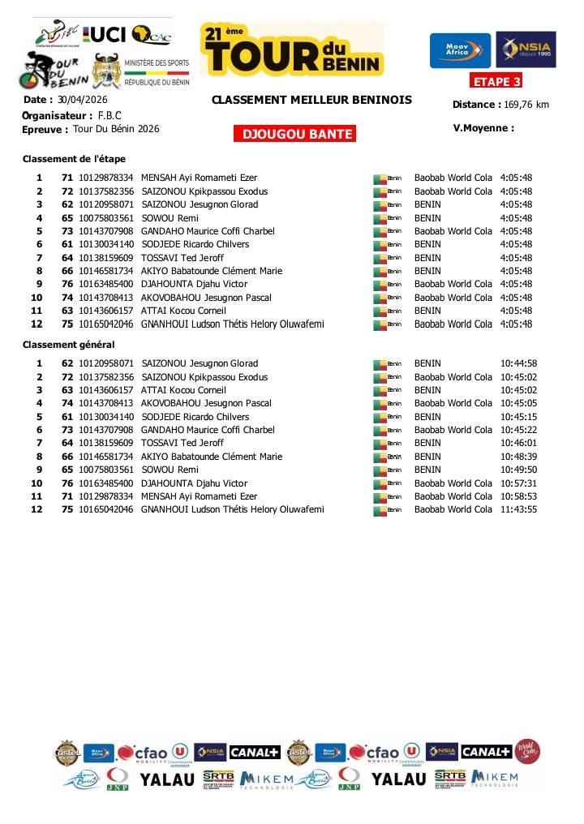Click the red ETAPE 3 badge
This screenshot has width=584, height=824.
496,81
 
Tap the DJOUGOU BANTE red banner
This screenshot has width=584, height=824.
294,135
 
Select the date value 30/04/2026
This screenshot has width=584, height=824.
82,100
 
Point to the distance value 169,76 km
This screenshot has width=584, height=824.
526,105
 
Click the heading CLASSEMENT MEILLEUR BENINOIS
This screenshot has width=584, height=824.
311,101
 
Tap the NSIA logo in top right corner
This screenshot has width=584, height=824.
526,50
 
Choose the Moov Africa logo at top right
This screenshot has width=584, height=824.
460,50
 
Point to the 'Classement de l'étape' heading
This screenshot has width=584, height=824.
74,158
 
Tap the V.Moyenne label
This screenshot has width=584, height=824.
483,127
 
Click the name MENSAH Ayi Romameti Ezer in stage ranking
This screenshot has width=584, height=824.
199,178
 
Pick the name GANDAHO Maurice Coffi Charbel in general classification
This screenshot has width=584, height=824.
208,430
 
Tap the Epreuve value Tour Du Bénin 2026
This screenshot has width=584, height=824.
116,129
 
